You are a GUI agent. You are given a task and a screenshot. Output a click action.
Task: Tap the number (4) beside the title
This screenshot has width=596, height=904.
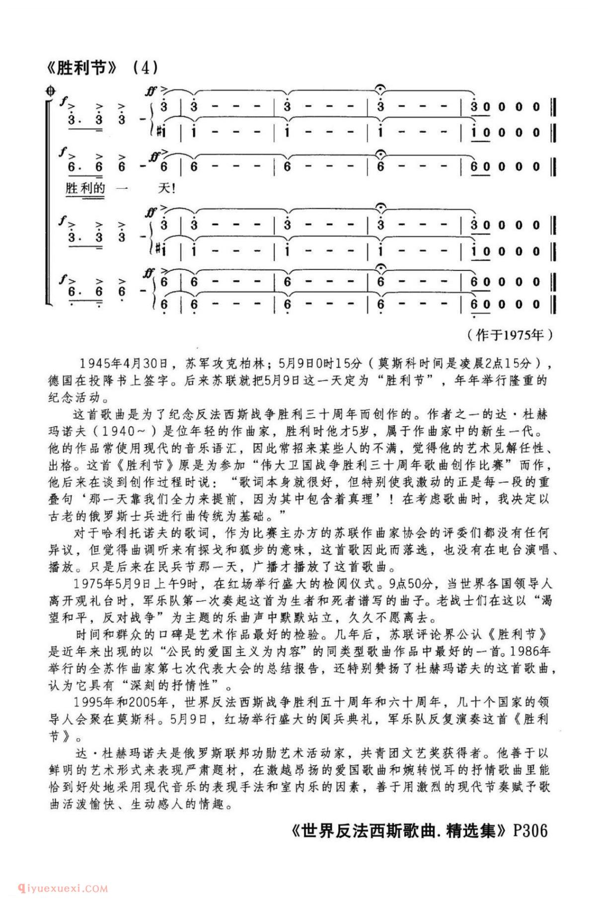point(146,68)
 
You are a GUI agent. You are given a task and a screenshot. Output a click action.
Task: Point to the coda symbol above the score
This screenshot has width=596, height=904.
point(50,91)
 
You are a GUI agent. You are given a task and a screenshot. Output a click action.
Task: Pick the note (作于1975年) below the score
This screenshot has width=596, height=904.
point(510,335)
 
